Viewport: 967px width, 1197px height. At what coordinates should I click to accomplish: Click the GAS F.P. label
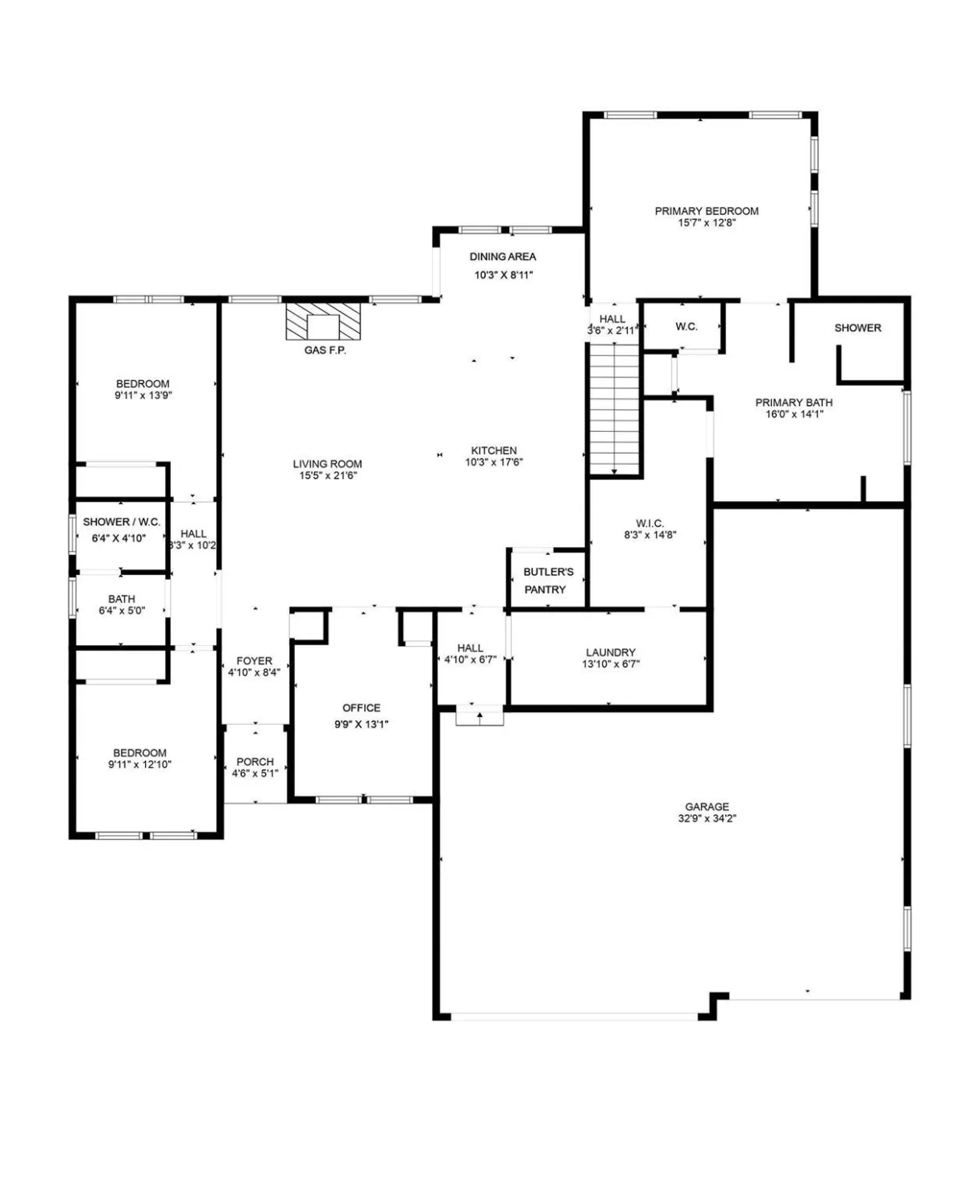tap(325, 350)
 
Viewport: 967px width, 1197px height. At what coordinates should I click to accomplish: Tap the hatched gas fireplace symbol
tap(322, 321)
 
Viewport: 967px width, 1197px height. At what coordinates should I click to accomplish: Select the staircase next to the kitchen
tap(615, 409)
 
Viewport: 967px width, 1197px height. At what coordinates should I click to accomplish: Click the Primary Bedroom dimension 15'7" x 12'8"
tap(707, 222)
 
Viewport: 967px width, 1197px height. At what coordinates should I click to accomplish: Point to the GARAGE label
tap(707, 806)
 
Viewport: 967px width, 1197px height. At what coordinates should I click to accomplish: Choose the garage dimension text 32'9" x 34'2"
tap(707, 818)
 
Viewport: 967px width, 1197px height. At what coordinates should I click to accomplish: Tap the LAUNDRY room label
tap(611, 652)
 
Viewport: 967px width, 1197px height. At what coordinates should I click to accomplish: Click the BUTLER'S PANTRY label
tap(548, 581)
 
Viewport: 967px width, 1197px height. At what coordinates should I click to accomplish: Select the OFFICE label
tap(362, 707)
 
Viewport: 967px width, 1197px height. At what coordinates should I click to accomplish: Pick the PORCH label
tap(255, 761)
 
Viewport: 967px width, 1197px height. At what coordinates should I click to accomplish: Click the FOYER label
tap(254, 661)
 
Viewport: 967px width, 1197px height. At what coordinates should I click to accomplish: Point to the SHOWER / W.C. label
tap(122, 522)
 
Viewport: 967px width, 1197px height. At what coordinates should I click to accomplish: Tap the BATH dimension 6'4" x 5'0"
tap(122, 611)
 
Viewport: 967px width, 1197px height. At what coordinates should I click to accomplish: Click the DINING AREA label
tap(503, 257)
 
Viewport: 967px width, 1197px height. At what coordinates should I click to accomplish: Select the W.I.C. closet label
tap(650, 524)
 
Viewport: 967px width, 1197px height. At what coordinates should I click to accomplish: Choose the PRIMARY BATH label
tap(794, 403)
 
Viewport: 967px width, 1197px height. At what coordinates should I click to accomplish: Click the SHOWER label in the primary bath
tap(857, 328)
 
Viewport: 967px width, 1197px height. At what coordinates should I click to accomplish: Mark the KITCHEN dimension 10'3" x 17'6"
tap(494, 462)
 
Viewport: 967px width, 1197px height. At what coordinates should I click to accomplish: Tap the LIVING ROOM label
tap(327, 464)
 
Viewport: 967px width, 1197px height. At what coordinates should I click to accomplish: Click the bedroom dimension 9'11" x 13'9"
tap(143, 395)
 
